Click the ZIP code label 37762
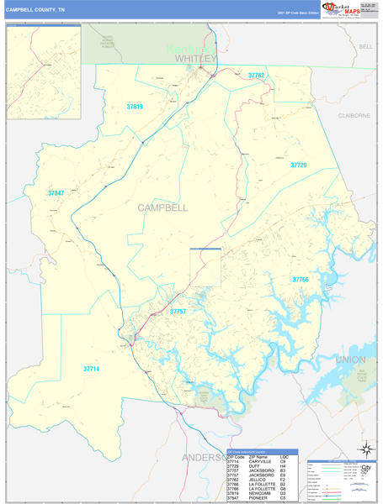[x=256, y=76]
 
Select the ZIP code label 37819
[x=135, y=107]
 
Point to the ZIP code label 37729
[x=299, y=165]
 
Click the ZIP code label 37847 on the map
[x=56, y=193]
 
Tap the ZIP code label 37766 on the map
[x=301, y=279]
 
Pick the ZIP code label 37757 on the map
[x=178, y=311]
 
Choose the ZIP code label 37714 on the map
[x=91, y=368]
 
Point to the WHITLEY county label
[x=195, y=59]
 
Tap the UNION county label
[x=350, y=360]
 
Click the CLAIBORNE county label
[x=354, y=115]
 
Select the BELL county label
[x=365, y=47]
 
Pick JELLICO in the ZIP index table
[x=261, y=479]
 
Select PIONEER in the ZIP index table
[x=260, y=499]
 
